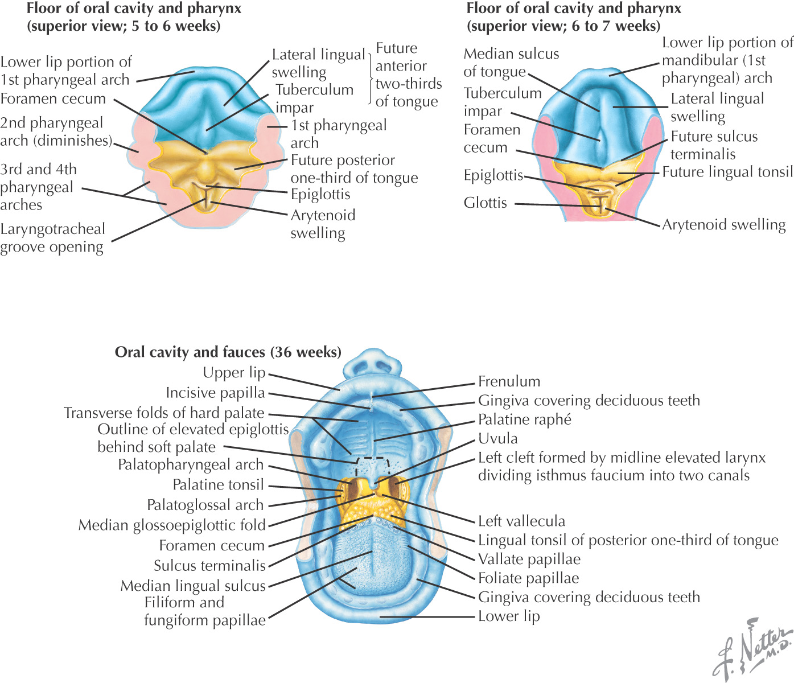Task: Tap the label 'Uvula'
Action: [498, 438]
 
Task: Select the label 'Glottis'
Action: [485, 203]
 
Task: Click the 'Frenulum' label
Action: [509, 381]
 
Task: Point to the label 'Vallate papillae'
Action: [529, 559]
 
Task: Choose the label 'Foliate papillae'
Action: [528, 578]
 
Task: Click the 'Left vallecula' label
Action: [521, 521]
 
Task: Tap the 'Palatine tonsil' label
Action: [219, 485]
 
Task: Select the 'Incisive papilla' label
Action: [215, 393]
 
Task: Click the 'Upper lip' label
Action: [234, 373]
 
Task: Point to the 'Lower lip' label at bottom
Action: [509, 616]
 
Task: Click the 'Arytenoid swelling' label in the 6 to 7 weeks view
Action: [723, 225]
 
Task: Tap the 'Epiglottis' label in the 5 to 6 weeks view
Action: [320, 194]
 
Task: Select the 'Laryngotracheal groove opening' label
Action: [52, 238]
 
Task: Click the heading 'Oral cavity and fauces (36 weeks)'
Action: [228, 352]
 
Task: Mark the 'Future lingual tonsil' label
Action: [727, 172]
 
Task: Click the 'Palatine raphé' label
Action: [524, 419]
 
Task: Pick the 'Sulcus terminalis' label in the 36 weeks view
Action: [209, 566]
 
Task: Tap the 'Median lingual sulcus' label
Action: [193, 586]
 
